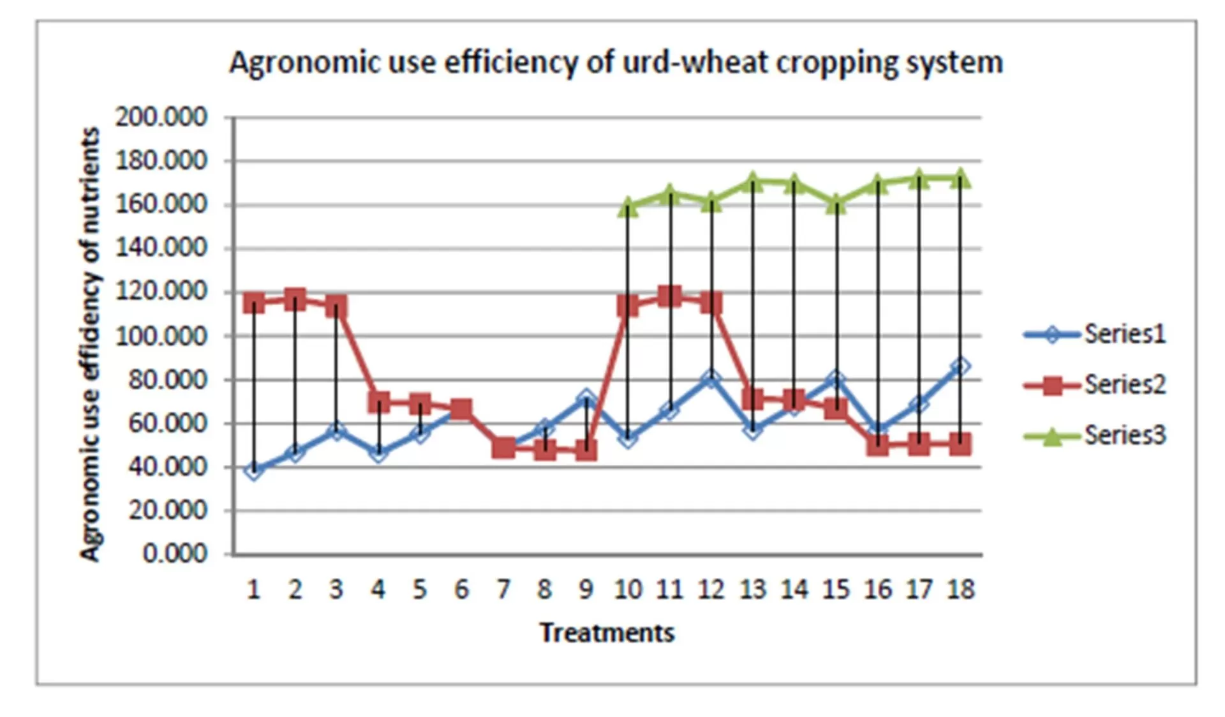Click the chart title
(x=616, y=63)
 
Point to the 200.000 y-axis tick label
(x=161, y=117)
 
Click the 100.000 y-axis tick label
(x=161, y=336)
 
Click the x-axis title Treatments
(x=607, y=633)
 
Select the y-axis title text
(x=91, y=345)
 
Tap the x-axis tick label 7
(x=503, y=589)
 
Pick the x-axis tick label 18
(x=961, y=589)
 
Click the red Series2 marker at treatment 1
(x=254, y=303)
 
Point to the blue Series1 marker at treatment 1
(x=254, y=471)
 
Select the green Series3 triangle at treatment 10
(x=628, y=206)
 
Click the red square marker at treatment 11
(x=669, y=296)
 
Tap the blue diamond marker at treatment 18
(x=960, y=366)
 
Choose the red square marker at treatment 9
(x=586, y=451)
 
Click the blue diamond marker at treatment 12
(x=711, y=379)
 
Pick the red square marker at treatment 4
(x=379, y=402)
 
